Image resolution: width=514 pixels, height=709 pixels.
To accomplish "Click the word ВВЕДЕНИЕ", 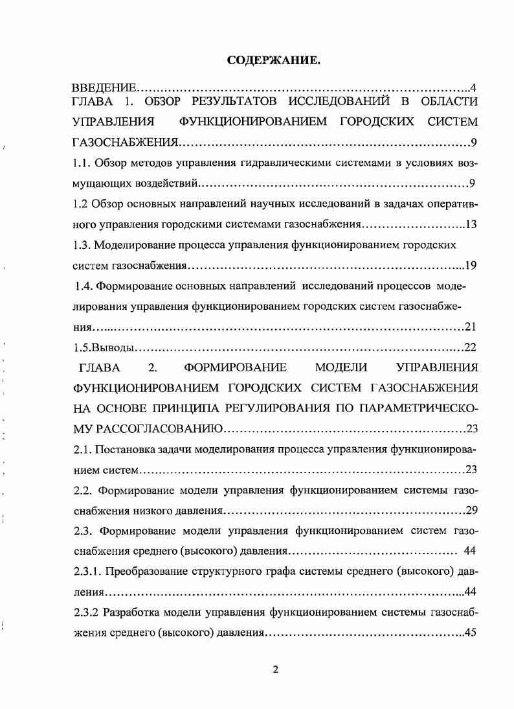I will click(104, 88).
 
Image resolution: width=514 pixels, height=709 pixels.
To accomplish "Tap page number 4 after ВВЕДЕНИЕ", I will click(475, 88).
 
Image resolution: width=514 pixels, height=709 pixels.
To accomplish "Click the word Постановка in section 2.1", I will click(124, 448).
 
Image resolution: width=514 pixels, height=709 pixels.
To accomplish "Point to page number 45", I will click(471, 633).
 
